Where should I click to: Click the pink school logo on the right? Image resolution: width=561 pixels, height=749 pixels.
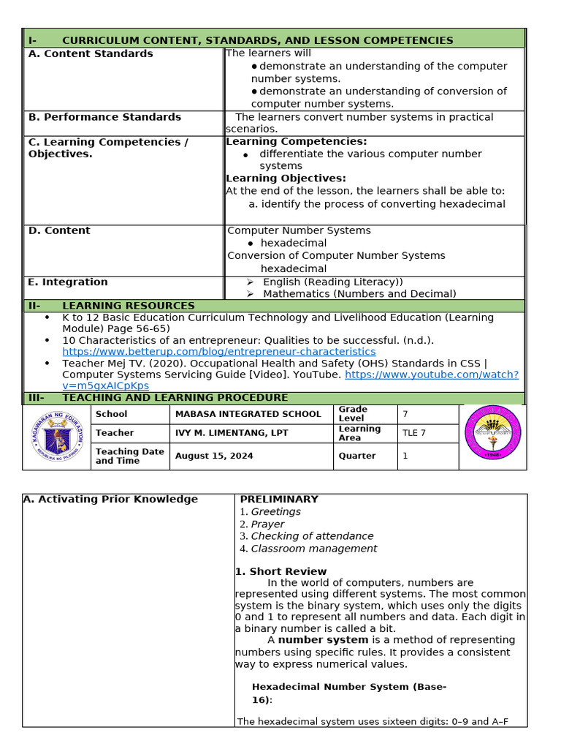tap(493, 433)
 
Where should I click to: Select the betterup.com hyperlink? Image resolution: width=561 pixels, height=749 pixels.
tap(218, 352)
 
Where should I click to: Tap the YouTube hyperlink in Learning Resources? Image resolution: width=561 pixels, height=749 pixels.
tap(431, 374)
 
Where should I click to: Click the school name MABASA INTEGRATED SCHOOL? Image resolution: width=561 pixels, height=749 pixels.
tap(248, 414)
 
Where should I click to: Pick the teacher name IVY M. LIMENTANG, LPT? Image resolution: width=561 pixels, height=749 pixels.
tap(232, 433)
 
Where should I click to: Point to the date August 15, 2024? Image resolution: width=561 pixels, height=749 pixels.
tap(214, 456)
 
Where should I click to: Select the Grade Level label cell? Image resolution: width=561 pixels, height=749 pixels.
tap(353, 414)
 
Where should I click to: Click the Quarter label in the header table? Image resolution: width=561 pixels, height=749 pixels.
tap(356, 456)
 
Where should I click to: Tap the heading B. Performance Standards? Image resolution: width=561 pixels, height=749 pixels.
tap(104, 117)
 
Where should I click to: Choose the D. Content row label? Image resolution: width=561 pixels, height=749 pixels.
tap(59, 230)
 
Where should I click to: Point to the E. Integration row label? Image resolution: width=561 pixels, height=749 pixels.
tap(68, 282)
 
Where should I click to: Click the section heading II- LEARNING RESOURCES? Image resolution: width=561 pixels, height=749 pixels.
tap(128, 306)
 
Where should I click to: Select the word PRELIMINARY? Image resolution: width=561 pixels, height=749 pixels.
tap(279, 500)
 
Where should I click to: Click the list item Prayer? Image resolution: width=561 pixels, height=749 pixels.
tap(267, 524)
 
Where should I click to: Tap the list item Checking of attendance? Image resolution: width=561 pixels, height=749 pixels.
tap(312, 536)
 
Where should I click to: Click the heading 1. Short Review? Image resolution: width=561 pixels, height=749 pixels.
tap(280, 571)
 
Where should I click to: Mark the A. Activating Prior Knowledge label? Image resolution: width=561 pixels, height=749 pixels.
tap(110, 500)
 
